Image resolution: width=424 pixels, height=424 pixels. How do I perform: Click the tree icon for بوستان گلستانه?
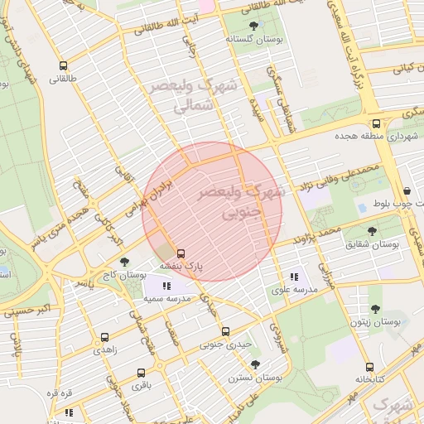(x=253, y=26)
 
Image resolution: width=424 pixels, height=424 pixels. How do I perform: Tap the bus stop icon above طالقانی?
(x=62, y=65)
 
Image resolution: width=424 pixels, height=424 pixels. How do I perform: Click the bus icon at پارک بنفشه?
(x=181, y=253)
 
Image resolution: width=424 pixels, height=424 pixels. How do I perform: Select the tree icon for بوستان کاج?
(x=124, y=261)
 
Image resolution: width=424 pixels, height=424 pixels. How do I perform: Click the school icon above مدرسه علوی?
(x=293, y=277)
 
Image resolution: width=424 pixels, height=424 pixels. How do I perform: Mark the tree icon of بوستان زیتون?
(x=375, y=309)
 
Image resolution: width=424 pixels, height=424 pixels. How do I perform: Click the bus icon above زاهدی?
(x=104, y=337)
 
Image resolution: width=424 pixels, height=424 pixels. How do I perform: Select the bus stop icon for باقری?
(x=141, y=373)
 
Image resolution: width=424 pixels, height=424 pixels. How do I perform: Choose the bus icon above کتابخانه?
(x=370, y=368)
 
